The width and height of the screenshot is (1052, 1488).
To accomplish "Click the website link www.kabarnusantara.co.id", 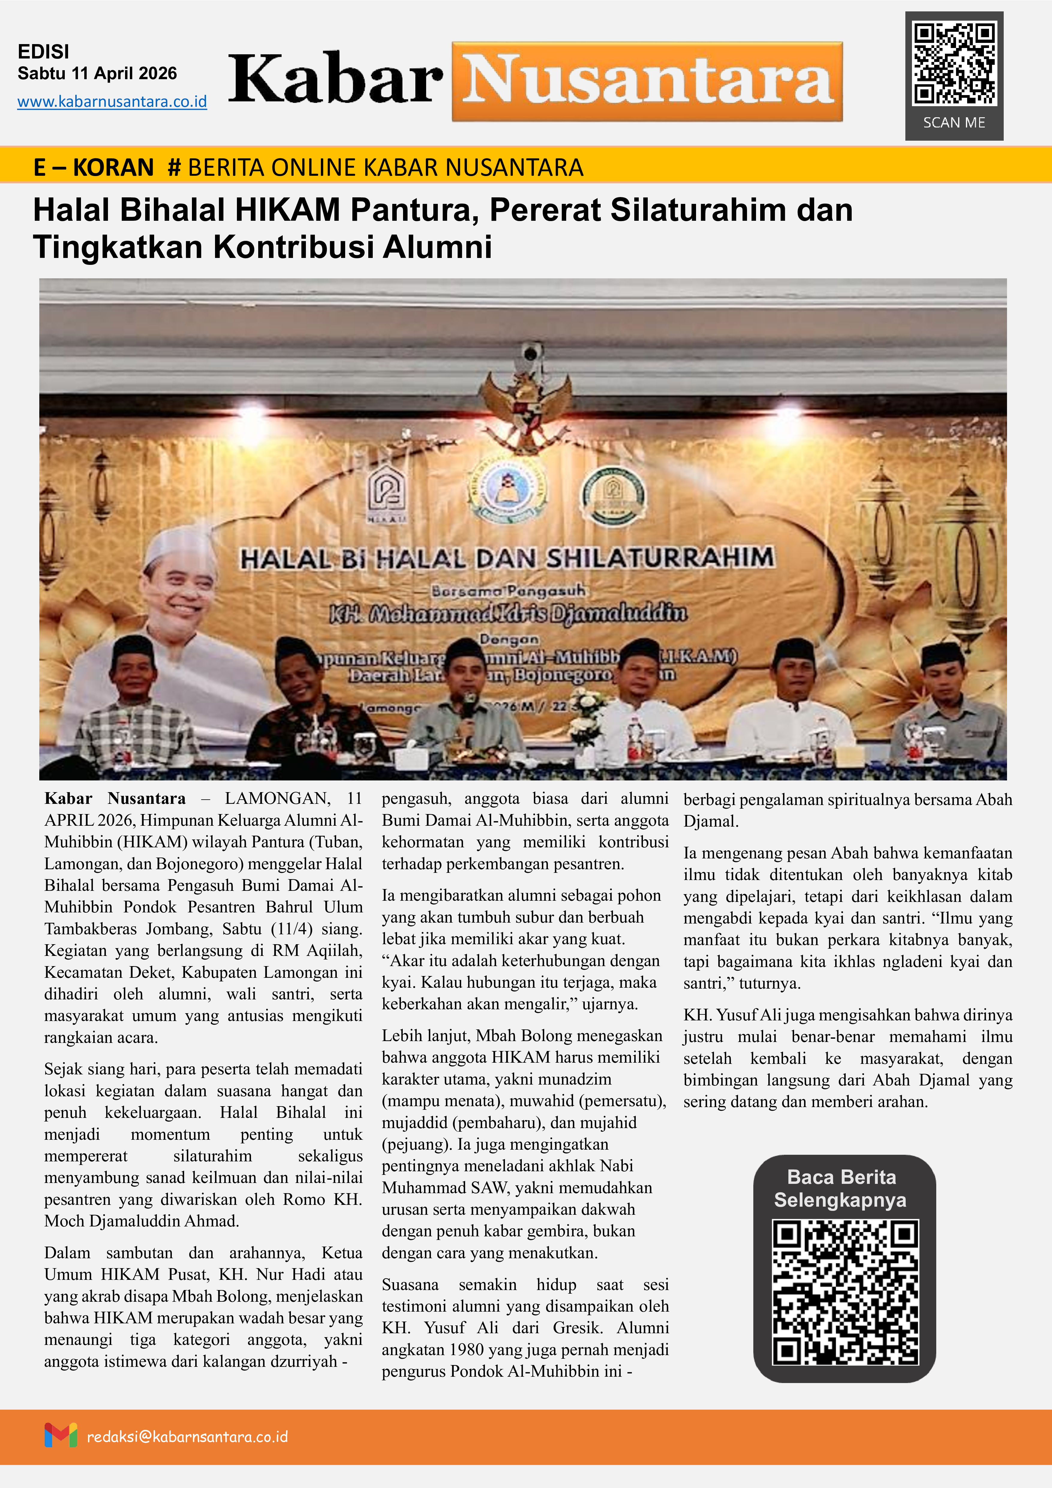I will [x=112, y=102].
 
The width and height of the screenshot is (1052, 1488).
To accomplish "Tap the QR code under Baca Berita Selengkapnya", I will [x=845, y=1292].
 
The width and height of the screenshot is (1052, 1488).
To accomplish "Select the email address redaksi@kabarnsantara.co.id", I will [x=187, y=1437].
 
